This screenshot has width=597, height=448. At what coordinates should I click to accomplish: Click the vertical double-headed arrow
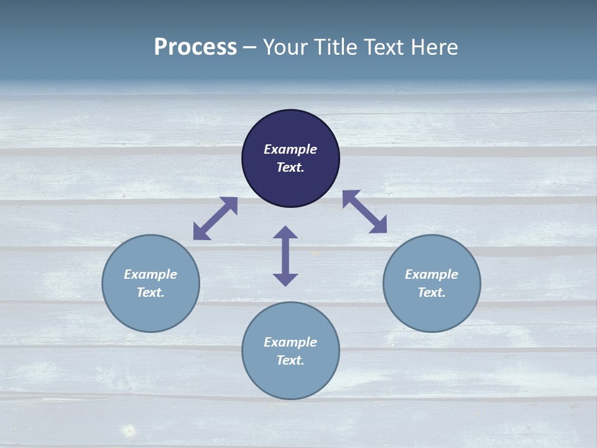tap(285, 256)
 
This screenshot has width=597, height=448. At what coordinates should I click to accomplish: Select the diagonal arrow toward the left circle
tap(215, 218)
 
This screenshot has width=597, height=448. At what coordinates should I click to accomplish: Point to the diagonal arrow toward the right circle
tap(364, 212)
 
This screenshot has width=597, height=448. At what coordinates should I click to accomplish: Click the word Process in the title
tap(195, 47)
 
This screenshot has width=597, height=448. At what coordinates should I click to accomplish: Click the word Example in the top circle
tap(290, 149)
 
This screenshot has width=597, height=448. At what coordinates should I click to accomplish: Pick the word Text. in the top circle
tap(290, 167)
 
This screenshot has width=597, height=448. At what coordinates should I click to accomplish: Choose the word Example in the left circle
tap(150, 274)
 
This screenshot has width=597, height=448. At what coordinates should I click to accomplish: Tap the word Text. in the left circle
tap(150, 292)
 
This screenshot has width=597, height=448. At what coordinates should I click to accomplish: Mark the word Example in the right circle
tap(432, 274)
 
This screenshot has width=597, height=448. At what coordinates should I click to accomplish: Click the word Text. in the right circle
tap(432, 292)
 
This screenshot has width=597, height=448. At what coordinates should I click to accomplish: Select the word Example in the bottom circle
tap(290, 342)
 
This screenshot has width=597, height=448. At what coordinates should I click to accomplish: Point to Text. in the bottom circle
tap(290, 360)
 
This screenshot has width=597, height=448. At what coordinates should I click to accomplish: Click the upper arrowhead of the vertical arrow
tap(285, 232)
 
